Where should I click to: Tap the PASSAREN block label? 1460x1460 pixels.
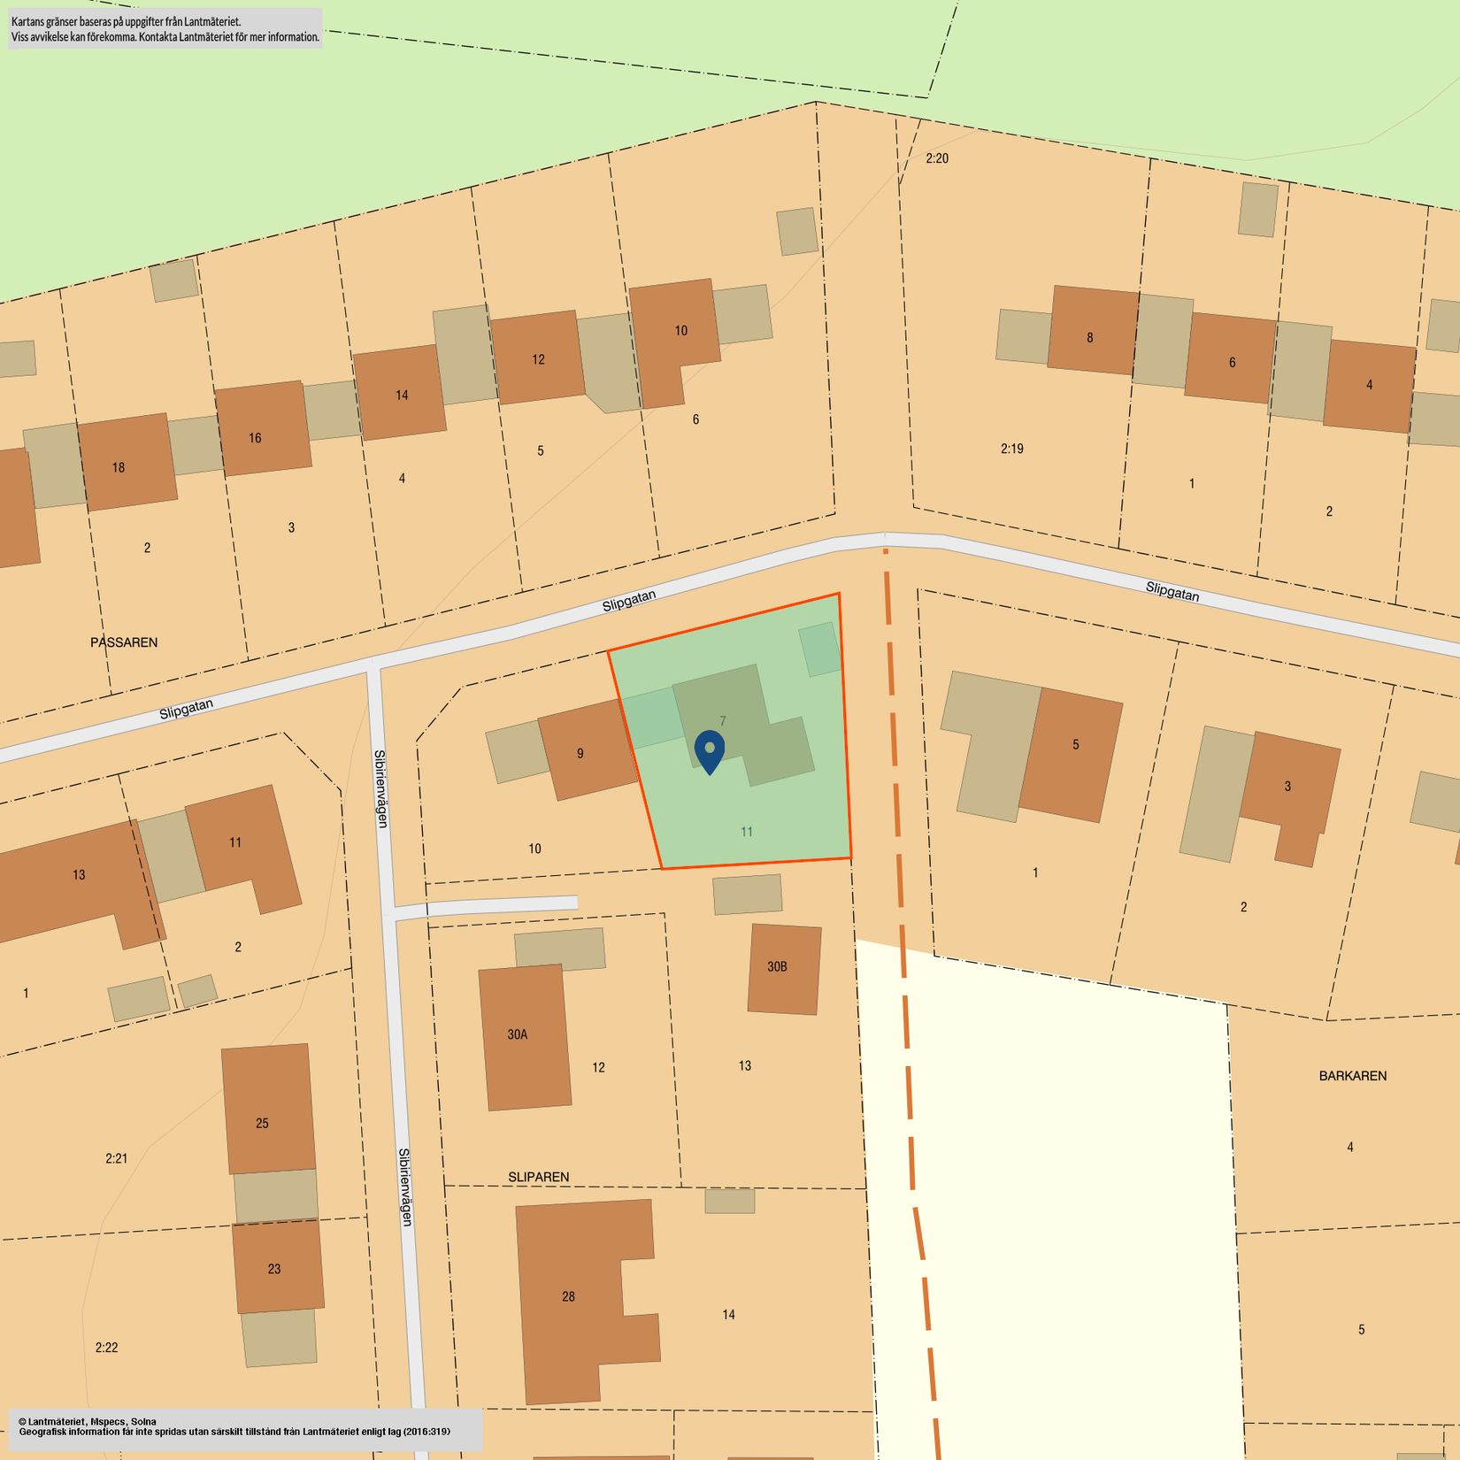[x=124, y=642]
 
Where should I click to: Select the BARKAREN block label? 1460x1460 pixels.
[x=1352, y=1076]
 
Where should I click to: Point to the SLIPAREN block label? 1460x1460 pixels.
[x=539, y=1177]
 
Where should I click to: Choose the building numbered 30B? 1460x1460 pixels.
[x=784, y=968]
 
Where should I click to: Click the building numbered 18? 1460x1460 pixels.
[x=126, y=463]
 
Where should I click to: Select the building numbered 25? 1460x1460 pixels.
[x=267, y=1110]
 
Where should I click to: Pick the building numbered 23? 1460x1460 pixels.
[x=277, y=1265]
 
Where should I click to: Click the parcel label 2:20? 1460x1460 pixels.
[x=937, y=158]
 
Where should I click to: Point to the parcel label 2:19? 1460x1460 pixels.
[x=1012, y=449]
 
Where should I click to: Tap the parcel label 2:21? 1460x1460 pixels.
[x=116, y=1158]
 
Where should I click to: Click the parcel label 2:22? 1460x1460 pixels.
[x=106, y=1348]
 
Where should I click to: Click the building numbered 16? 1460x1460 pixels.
[x=263, y=429]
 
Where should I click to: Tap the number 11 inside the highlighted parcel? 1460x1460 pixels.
[x=747, y=832]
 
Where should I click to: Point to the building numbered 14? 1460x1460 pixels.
[x=399, y=392]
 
